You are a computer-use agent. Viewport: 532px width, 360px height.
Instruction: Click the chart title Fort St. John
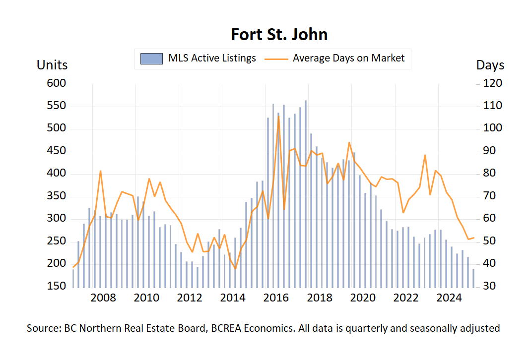279,35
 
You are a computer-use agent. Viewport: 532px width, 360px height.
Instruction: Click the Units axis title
52,65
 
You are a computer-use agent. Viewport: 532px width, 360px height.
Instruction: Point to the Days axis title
490,65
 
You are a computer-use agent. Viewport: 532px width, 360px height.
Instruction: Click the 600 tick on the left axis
56,83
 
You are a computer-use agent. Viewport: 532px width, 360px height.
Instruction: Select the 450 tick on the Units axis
56,151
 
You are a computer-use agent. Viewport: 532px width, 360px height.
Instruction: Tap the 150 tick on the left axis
56,287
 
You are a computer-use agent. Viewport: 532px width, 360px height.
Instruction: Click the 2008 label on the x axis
103,298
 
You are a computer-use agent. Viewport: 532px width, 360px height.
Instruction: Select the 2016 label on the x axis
276,298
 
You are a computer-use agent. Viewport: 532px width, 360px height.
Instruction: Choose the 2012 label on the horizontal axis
190,298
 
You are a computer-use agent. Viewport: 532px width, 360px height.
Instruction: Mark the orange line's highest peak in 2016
278,117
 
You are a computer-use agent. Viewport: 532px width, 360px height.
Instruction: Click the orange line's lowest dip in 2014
235,269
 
